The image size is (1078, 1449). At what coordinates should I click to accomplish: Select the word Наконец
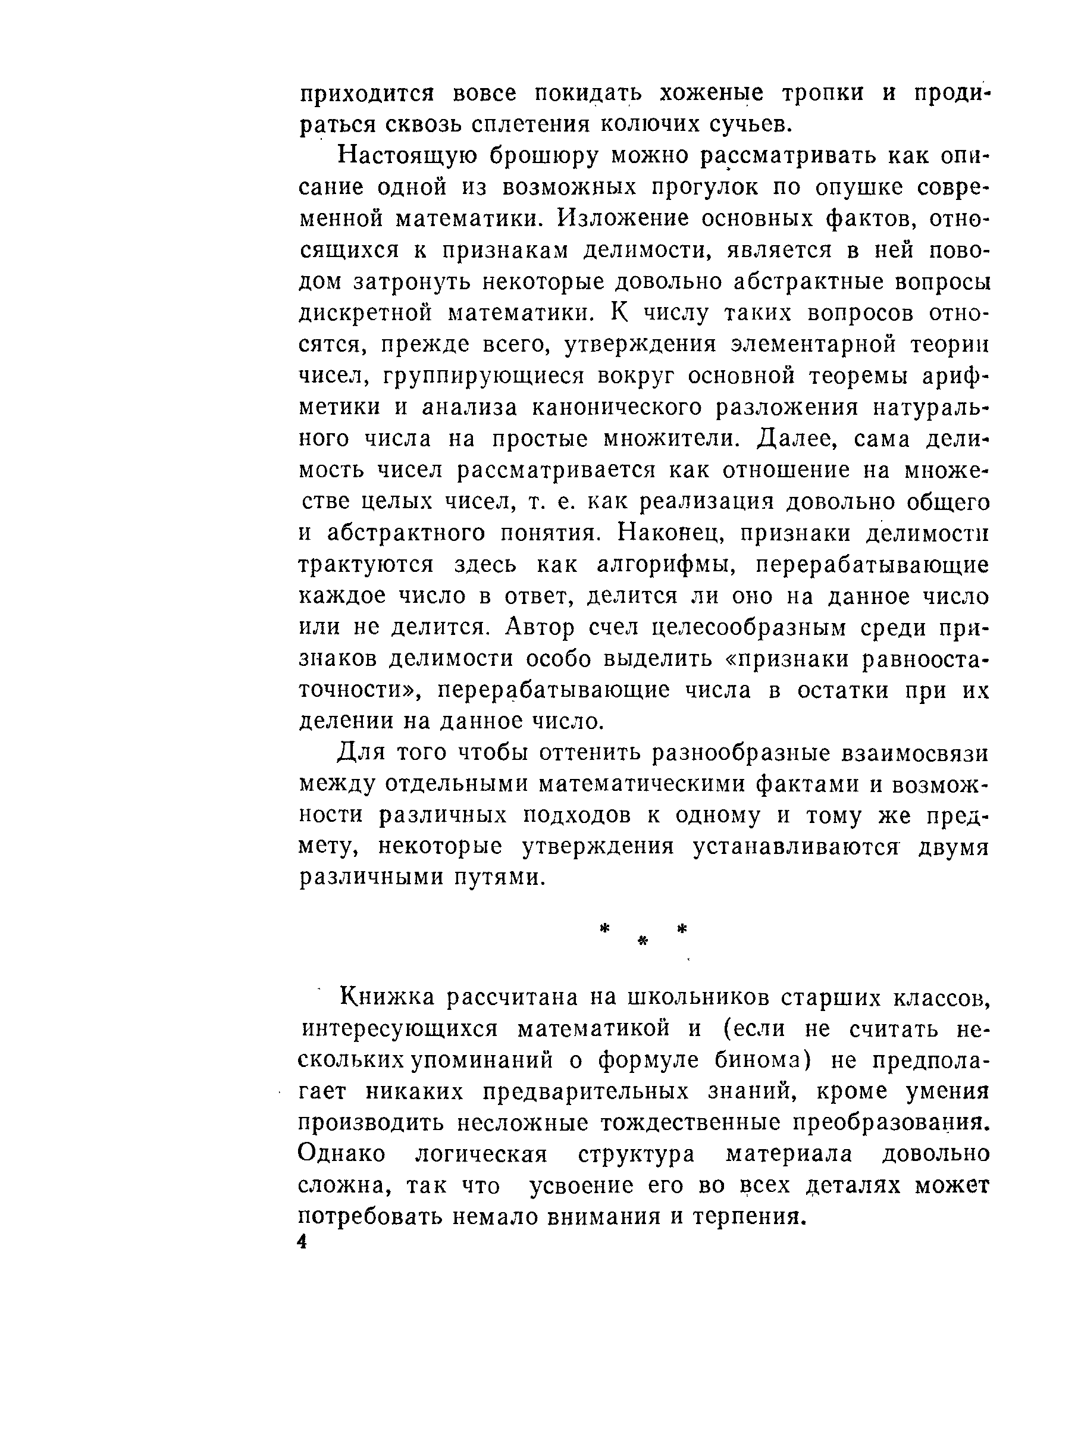point(667,533)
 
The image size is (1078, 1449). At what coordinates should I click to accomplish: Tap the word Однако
point(342,1154)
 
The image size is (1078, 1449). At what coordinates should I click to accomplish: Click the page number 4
point(302,1242)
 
